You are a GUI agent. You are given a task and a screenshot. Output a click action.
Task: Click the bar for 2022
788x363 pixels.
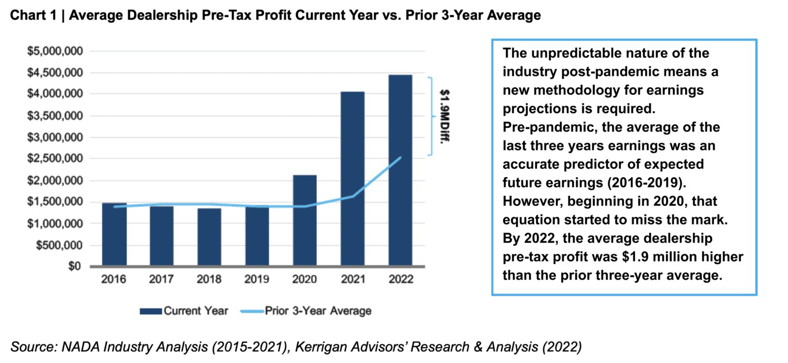coord(400,170)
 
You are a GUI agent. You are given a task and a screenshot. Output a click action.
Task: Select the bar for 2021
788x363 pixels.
coord(352,179)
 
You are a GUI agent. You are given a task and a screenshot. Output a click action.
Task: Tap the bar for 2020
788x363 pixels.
coord(305,220)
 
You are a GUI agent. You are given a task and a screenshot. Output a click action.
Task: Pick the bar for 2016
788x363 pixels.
coord(114,234)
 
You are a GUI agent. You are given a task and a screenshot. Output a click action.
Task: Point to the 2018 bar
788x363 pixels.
coord(209,237)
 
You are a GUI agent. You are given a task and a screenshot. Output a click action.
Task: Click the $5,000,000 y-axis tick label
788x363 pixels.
coord(54,51)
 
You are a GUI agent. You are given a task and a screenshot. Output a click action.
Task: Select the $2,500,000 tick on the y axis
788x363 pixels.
coord(54,159)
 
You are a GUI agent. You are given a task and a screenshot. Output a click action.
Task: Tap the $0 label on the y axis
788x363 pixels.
coord(75,267)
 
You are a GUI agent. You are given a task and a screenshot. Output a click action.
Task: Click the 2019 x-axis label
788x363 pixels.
coord(257,279)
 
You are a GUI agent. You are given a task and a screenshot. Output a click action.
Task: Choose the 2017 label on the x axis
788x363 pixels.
coord(162,279)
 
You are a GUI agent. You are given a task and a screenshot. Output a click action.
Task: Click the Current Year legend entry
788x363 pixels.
coord(184,311)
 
